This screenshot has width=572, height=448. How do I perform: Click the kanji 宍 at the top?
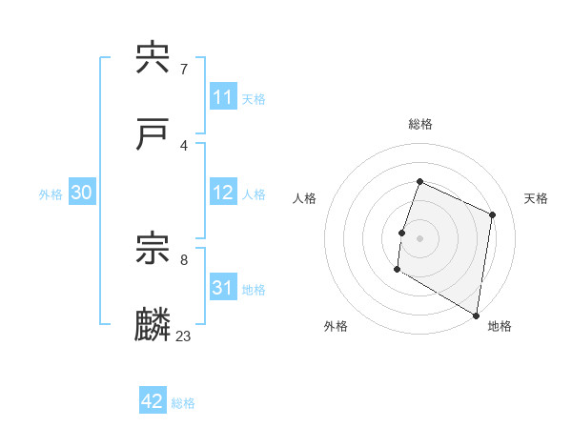153,59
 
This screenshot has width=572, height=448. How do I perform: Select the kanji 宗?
153,250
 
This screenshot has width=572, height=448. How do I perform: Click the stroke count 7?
184,70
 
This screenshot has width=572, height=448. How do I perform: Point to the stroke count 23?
184,336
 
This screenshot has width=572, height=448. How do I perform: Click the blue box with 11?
223,97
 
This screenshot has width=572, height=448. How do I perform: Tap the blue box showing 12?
223,193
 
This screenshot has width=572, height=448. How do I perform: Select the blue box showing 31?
223,288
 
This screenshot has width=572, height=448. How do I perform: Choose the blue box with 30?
82,193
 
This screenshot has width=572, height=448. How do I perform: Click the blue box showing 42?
153,401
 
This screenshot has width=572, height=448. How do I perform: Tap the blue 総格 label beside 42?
183,403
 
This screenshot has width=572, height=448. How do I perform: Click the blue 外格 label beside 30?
51,194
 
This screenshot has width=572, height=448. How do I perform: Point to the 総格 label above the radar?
420,124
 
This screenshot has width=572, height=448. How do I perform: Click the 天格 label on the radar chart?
537,198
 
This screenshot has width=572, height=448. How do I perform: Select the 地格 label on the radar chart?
500,326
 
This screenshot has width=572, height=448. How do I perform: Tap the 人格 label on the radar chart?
304,198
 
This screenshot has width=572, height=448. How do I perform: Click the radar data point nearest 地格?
476,315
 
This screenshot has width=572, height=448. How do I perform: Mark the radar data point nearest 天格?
493,214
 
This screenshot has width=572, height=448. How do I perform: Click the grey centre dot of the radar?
420,236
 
